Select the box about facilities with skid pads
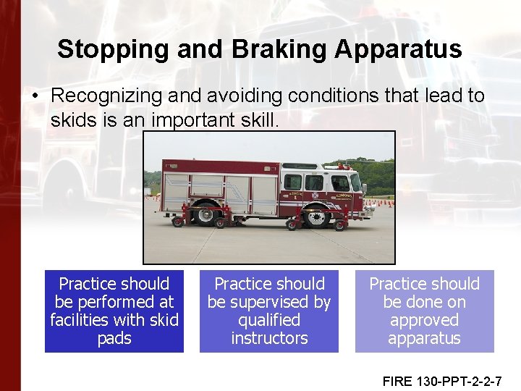point(114,311)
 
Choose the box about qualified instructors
point(269,311)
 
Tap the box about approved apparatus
point(424,311)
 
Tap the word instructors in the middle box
point(269,338)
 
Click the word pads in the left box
point(114,338)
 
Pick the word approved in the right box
point(424,320)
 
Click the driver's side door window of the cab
point(339,182)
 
